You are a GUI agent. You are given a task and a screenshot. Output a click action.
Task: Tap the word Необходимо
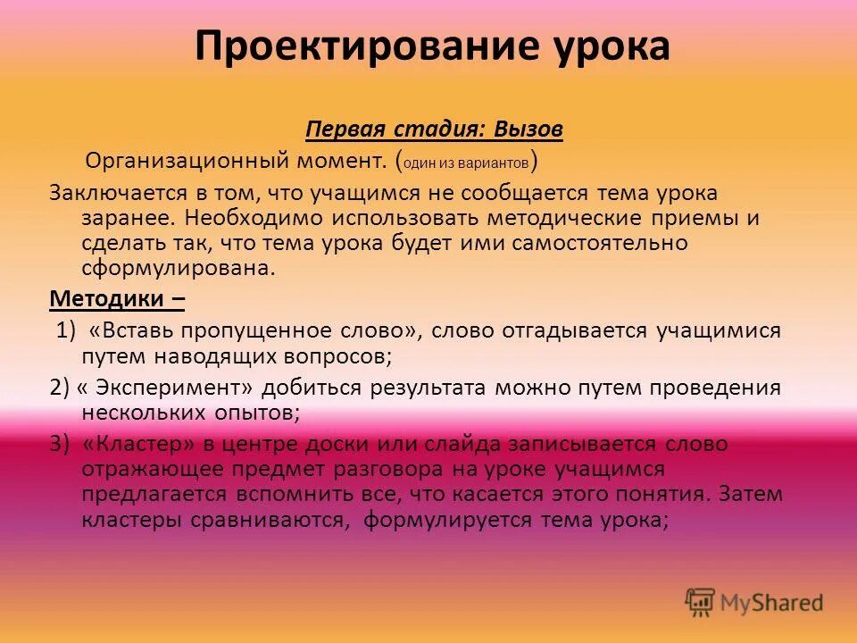(x=236, y=219)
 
